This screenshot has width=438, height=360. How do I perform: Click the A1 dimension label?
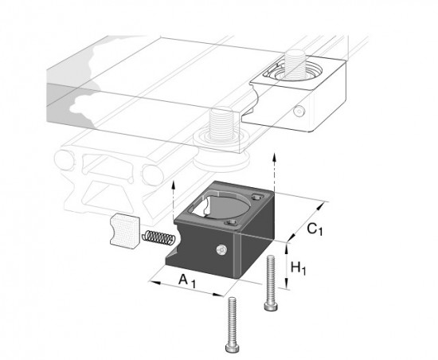(187, 281)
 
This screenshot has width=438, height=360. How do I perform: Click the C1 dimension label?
(315, 229)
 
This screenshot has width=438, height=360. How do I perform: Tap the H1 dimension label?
(299, 268)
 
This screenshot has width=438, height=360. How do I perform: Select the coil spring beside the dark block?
(158, 237)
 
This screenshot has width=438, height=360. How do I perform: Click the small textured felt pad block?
(124, 232)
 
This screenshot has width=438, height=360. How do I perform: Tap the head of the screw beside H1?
(272, 307)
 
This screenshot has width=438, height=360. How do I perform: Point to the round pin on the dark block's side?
(221, 249)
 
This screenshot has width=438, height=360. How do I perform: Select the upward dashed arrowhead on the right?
(275, 157)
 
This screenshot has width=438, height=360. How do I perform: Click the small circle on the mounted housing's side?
(299, 112)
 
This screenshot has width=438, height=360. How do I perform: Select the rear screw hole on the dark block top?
(256, 198)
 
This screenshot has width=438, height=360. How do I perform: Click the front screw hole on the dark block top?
(231, 222)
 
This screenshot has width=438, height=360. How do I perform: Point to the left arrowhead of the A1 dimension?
(154, 283)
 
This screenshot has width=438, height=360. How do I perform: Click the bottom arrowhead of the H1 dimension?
(286, 285)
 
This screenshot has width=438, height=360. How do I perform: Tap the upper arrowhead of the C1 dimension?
(320, 206)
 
